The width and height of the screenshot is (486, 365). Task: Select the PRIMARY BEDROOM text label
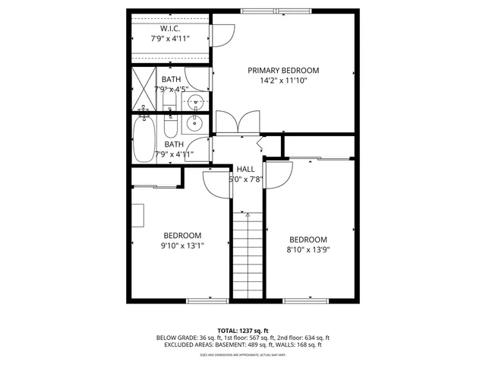pos(283,70)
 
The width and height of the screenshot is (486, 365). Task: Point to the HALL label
pos(245,169)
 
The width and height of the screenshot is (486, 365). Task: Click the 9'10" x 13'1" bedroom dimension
pos(182,245)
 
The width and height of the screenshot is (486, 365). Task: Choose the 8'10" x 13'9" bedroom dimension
pos(308,248)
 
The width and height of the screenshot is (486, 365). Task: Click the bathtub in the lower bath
pos(144,139)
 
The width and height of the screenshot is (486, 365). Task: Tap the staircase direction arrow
pos(247,215)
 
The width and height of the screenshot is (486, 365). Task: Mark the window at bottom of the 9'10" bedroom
pos(206,301)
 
